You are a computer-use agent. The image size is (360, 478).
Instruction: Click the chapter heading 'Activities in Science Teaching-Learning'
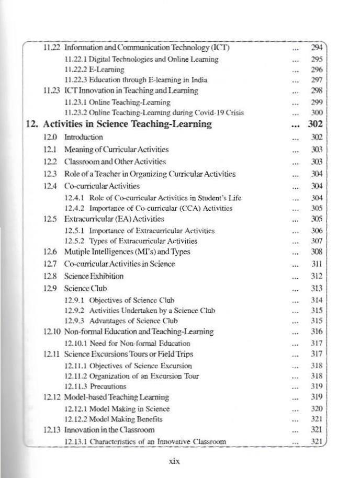point(127,124)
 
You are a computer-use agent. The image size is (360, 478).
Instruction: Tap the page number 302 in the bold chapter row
point(316,124)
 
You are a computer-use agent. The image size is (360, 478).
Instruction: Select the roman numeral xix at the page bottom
point(175,461)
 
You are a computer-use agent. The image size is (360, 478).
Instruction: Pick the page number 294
point(316,48)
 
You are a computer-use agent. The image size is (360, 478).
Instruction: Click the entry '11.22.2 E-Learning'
point(94,70)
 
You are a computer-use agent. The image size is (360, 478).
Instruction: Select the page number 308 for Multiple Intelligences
point(316,252)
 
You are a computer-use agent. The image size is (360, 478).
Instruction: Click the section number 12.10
point(52,332)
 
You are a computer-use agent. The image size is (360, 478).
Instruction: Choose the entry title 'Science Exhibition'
point(94,276)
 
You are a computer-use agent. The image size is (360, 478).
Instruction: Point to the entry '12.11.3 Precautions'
point(95,386)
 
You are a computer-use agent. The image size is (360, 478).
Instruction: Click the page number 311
point(316,264)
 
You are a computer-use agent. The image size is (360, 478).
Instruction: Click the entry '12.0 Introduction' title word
point(83,137)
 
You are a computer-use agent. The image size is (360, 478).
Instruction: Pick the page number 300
point(316,112)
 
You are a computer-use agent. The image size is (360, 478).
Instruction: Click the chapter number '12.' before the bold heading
point(32,124)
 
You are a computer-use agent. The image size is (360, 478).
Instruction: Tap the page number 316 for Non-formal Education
point(316,332)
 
